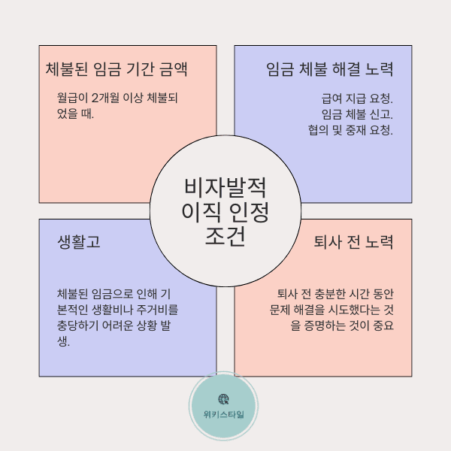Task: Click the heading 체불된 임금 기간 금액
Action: (x=117, y=70)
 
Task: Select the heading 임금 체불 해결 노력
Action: (x=330, y=70)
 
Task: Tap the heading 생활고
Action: (x=79, y=242)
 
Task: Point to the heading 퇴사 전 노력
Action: (x=353, y=242)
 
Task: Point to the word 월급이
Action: (x=73, y=98)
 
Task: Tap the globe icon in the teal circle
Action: (x=223, y=399)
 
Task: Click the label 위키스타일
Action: (x=223, y=414)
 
